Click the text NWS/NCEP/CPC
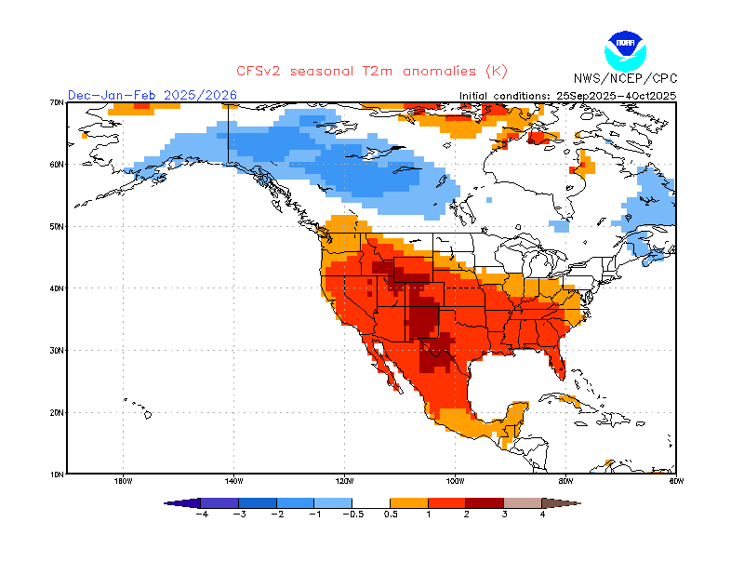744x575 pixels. tap(626, 80)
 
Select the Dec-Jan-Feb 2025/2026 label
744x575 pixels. tap(153, 95)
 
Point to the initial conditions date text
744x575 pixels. tap(568, 96)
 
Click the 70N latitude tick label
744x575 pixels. tap(57, 102)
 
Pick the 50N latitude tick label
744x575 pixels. tap(57, 226)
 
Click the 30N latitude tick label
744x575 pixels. tap(57, 350)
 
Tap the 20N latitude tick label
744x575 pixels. tap(57, 412)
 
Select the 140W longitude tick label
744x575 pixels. tap(233, 481)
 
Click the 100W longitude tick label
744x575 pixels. tap(455, 481)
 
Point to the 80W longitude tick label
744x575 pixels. tap(565, 481)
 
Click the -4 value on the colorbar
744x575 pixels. tap(200, 514)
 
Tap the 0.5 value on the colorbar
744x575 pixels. tap(391, 514)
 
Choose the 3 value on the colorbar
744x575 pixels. tap(504, 514)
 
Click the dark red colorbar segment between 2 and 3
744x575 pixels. tap(485, 503)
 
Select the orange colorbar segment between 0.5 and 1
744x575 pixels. tap(409, 503)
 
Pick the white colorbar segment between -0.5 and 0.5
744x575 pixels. tap(371, 503)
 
